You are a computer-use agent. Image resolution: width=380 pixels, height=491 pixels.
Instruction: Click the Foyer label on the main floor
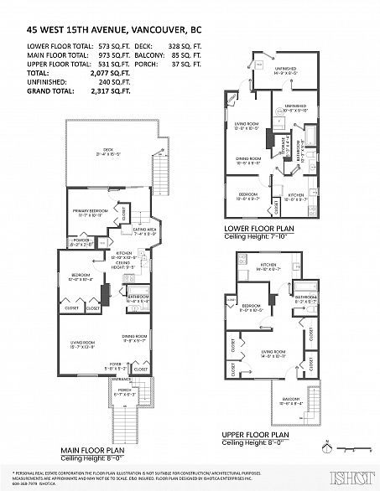click(x=90, y=366)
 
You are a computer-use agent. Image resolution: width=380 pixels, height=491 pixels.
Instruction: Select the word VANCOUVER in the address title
click(x=152, y=27)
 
